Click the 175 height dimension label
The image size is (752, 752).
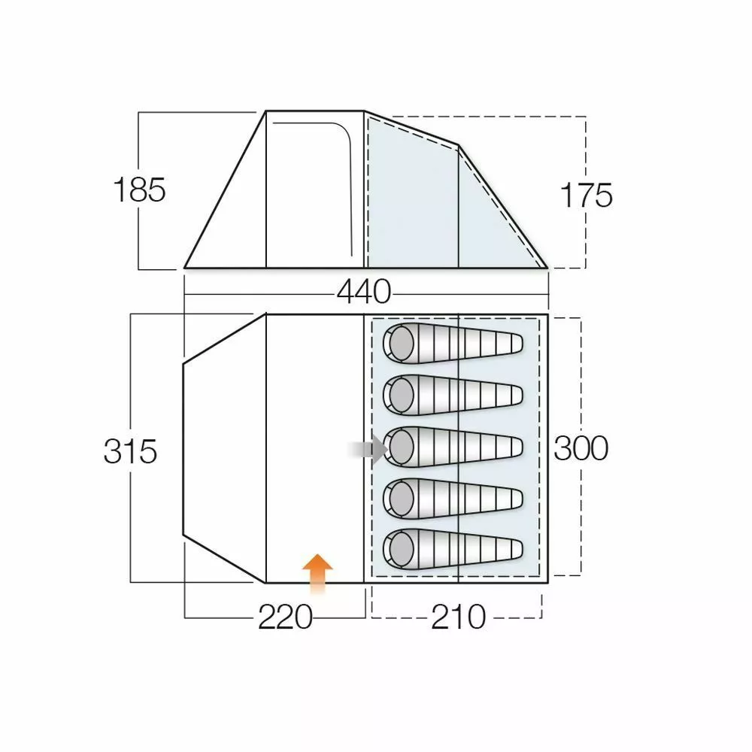[587, 196]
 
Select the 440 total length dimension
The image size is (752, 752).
[364, 292]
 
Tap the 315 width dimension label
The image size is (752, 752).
[130, 452]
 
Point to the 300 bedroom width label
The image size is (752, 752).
[581, 449]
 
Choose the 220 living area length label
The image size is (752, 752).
[285, 618]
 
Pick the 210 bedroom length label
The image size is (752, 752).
[458, 618]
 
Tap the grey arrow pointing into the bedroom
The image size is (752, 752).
[368, 450]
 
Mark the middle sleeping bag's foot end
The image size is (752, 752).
[511, 447]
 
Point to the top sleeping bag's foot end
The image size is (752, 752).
[511, 344]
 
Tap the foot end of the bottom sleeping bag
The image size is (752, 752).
[511, 548]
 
